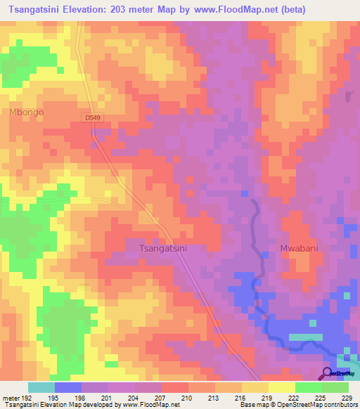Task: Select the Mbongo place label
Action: point(26,112)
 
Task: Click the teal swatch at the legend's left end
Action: point(41,387)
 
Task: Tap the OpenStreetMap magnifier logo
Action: point(328,373)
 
